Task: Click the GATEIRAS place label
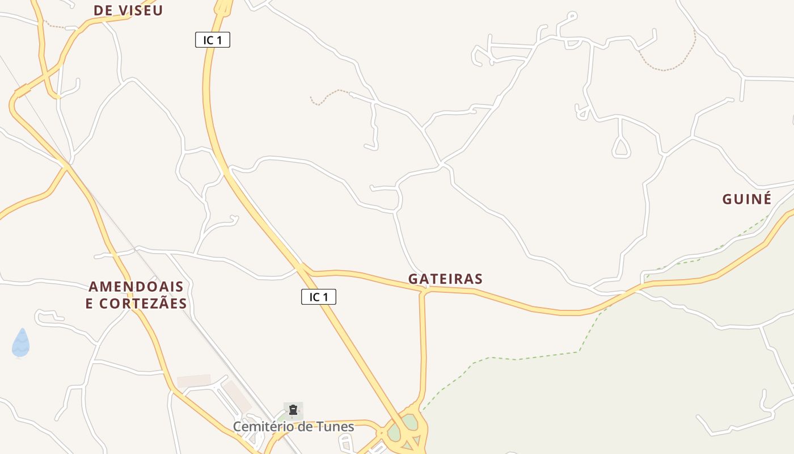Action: coord(445,279)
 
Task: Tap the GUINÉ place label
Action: coord(747,199)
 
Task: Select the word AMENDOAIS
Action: coord(136,286)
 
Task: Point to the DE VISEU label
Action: coord(128,10)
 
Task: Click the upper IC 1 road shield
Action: coord(213,40)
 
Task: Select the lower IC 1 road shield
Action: coord(318,296)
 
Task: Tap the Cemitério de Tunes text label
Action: coord(294,427)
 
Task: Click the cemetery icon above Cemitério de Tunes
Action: coord(293,410)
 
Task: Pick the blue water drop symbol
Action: coord(21,343)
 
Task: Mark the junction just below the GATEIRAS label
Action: coord(424,291)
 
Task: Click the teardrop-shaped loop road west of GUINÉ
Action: coord(622,148)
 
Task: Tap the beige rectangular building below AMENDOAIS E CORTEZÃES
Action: coord(194,380)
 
